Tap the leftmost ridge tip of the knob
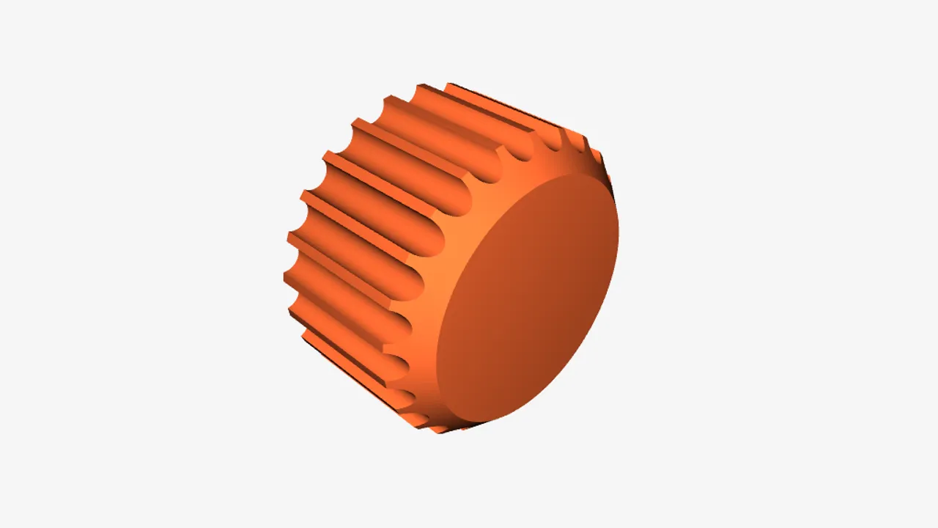pos(286,276)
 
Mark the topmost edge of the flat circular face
pos(579,177)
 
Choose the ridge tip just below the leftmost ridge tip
pos(292,312)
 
